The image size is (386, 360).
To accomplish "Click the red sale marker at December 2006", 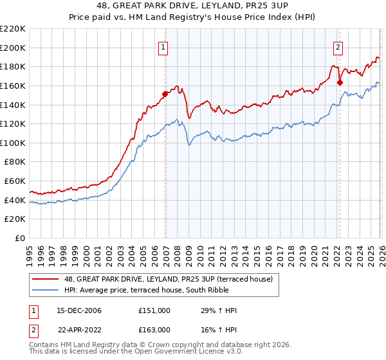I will click(x=165, y=94).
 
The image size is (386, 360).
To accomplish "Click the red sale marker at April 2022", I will click(x=340, y=82).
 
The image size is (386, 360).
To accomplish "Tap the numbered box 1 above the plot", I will click(x=163, y=46).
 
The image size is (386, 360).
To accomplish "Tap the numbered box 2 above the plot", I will click(x=338, y=46).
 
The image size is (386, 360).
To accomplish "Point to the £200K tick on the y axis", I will click(x=14, y=48).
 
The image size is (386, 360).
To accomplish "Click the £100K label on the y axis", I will click(x=14, y=143).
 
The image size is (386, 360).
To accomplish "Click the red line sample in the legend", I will click(x=44, y=279).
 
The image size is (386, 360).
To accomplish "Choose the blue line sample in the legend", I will click(x=44, y=290).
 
